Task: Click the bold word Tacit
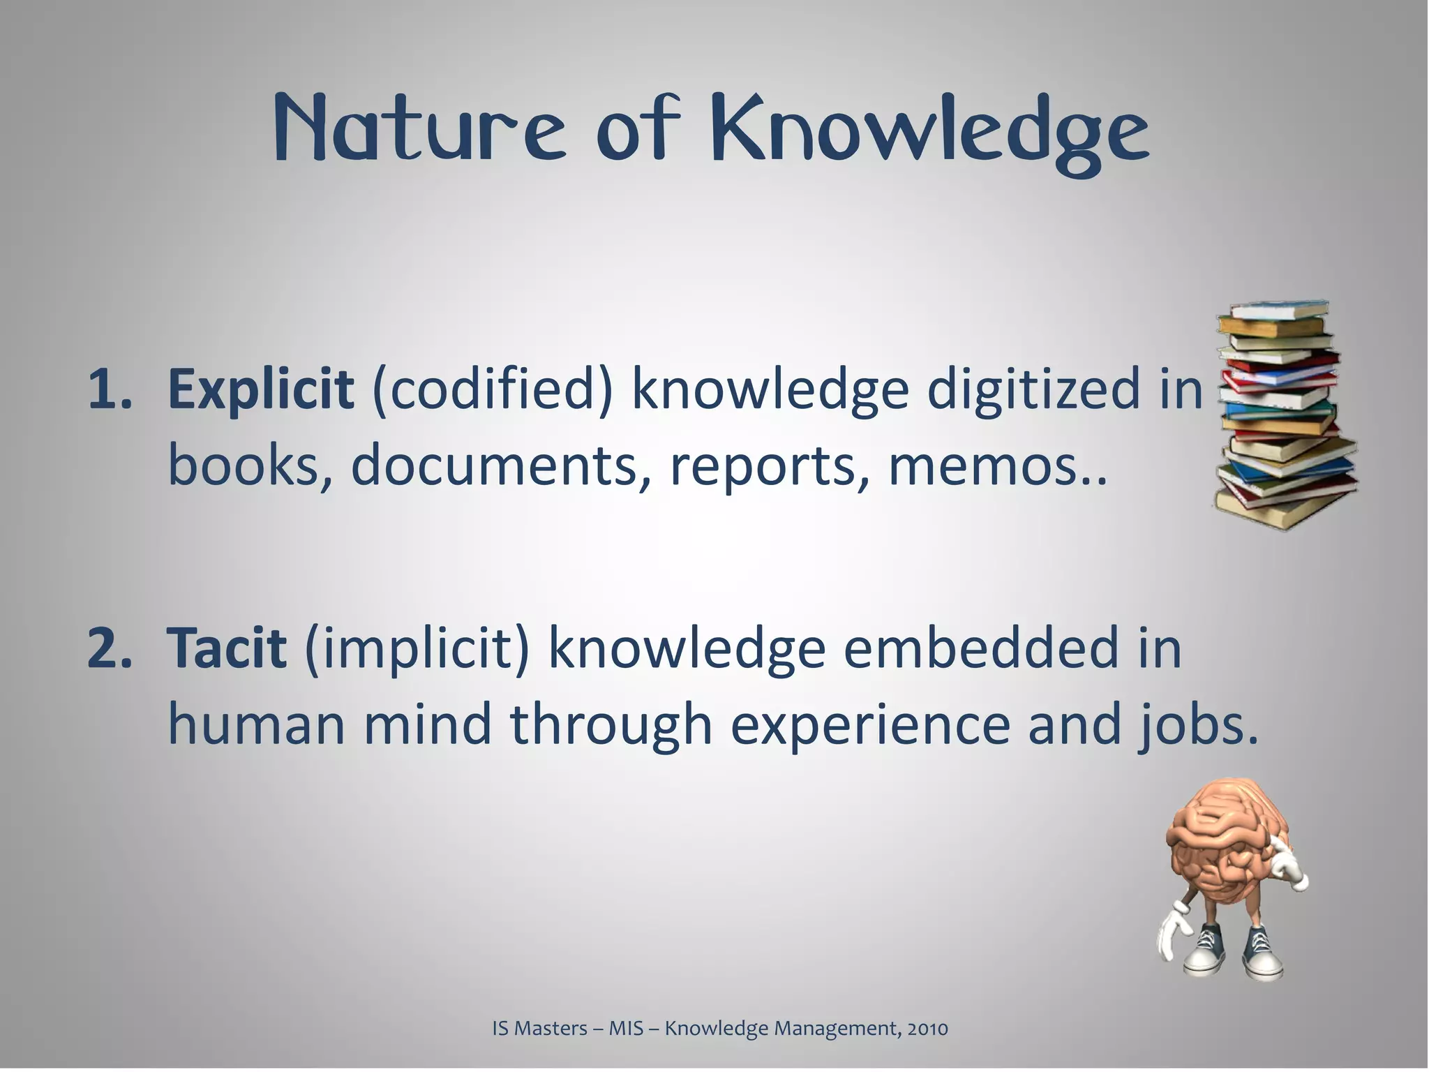(x=227, y=647)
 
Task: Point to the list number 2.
(x=110, y=647)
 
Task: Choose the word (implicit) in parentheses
(x=417, y=648)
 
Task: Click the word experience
(x=869, y=726)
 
